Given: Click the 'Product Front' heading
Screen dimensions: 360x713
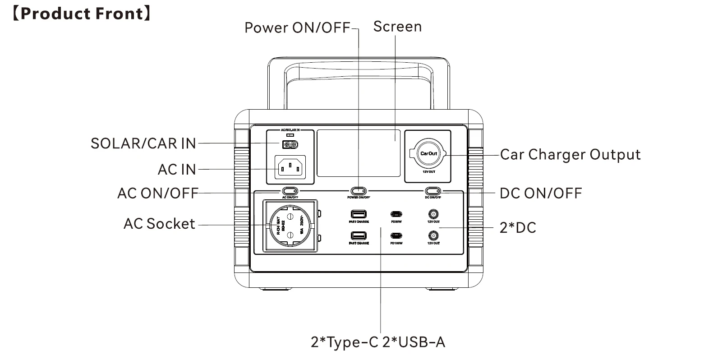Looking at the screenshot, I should [x=81, y=14].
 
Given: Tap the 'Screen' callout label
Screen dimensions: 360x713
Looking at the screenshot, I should [x=397, y=27].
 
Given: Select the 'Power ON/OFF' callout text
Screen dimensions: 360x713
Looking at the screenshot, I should [x=297, y=28].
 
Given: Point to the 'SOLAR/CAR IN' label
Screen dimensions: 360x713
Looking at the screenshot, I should [x=143, y=143].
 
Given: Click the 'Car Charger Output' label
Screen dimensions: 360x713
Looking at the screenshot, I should [x=570, y=155].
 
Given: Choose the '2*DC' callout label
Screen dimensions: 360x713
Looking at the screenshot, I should [x=518, y=228].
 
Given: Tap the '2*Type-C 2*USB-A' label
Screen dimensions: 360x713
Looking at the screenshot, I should [x=378, y=342].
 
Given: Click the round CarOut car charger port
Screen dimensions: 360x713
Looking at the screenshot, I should [x=428, y=154].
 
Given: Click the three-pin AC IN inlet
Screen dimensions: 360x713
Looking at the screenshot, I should [x=290, y=168].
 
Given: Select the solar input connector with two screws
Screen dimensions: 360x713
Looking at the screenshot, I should [x=290, y=144].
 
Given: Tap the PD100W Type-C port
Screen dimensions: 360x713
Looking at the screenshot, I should [x=396, y=236].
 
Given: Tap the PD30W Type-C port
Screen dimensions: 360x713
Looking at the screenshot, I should [x=396, y=214].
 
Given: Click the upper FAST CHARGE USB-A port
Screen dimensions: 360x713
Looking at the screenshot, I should [x=359, y=214].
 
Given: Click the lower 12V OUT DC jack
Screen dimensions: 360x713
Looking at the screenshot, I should [x=433, y=235].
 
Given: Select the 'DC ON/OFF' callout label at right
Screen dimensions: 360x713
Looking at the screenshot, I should [x=540, y=194].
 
